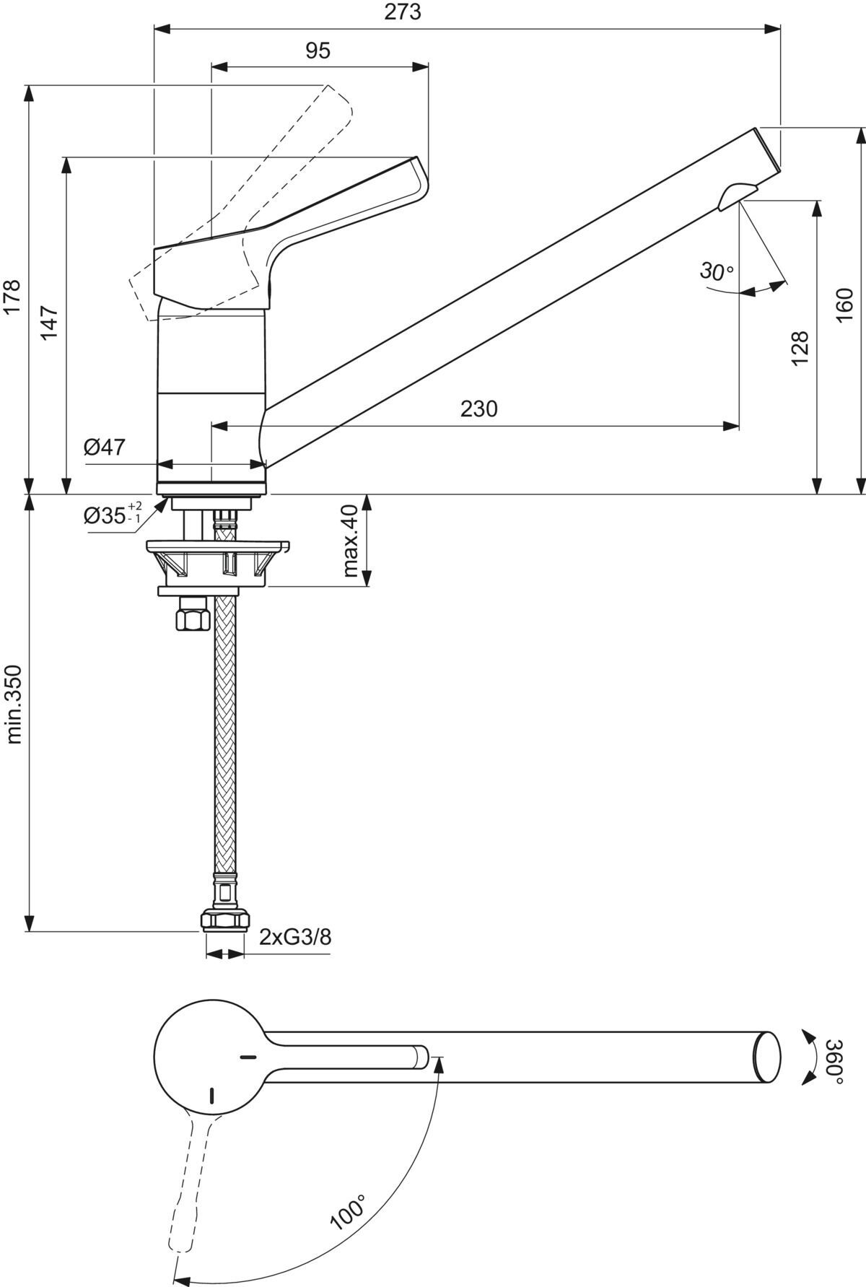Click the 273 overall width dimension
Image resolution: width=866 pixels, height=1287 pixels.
click(x=403, y=13)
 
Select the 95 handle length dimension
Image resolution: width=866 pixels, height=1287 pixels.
click(x=318, y=51)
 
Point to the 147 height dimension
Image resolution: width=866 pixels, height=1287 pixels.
click(x=48, y=322)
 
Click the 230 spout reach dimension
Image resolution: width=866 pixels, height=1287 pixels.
click(x=479, y=409)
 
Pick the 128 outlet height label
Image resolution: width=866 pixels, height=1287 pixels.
click(x=800, y=349)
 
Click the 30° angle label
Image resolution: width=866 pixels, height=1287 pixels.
click(x=716, y=272)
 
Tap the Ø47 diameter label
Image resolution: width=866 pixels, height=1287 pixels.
click(x=105, y=448)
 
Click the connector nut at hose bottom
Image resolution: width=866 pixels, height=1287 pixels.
click(x=224, y=921)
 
